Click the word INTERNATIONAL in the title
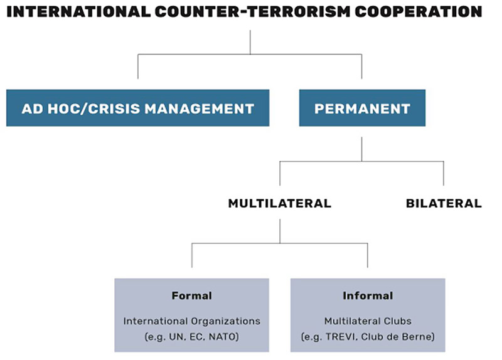click(x=78, y=12)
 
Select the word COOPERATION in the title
click(x=419, y=12)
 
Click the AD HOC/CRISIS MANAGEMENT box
click(x=137, y=108)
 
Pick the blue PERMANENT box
click(x=362, y=108)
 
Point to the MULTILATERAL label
click(x=279, y=204)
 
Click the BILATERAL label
click(x=444, y=204)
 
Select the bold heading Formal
click(x=192, y=295)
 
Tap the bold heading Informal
click(x=368, y=295)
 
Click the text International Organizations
click(x=192, y=321)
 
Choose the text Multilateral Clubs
click(x=368, y=321)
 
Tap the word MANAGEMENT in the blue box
click(x=199, y=109)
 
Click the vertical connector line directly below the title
click(x=250, y=42)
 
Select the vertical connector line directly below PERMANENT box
click(x=362, y=149)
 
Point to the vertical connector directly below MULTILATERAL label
click(x=280, y=231)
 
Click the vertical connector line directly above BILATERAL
click(x=444, y=174)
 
